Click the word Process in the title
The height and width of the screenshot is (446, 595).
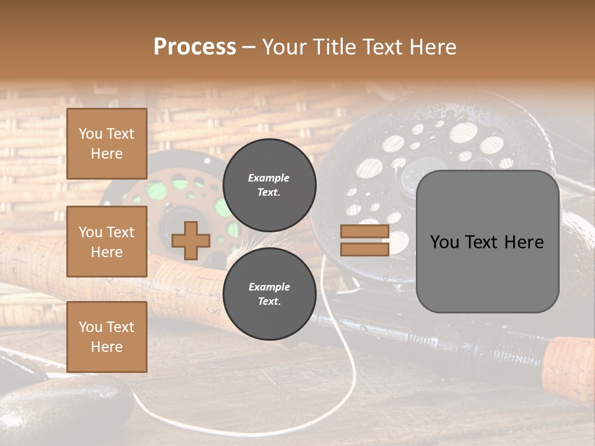pyautogui.click(x=195, y=47)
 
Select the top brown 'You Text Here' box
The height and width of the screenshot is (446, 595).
pyautogui.click(x=107, y=144)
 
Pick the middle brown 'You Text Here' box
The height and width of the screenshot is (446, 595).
pyautogui.click(x=107, y=242)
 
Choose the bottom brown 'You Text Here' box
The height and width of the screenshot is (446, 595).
pyautogui.click(x=107, y=337)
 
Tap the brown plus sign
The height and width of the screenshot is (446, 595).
pyautogui.click(x=191, y=241)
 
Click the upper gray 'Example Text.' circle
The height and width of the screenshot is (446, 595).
pyautogui.click(x=269, y=185)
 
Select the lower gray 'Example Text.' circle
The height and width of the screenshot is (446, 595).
pyautogui.click(x=269, y=294)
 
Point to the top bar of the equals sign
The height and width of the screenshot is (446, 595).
pyautogui.click(x=364, y=232)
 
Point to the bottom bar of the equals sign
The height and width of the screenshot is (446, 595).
pyautogui.click(x=364, y=249)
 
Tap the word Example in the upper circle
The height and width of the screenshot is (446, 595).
pyautogui.click(x=269, y=178)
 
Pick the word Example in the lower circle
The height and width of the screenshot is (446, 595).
pyautogui.click(x=269, y=287)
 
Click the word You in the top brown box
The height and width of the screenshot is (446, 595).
pyautogui.click(x=90, y=134)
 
